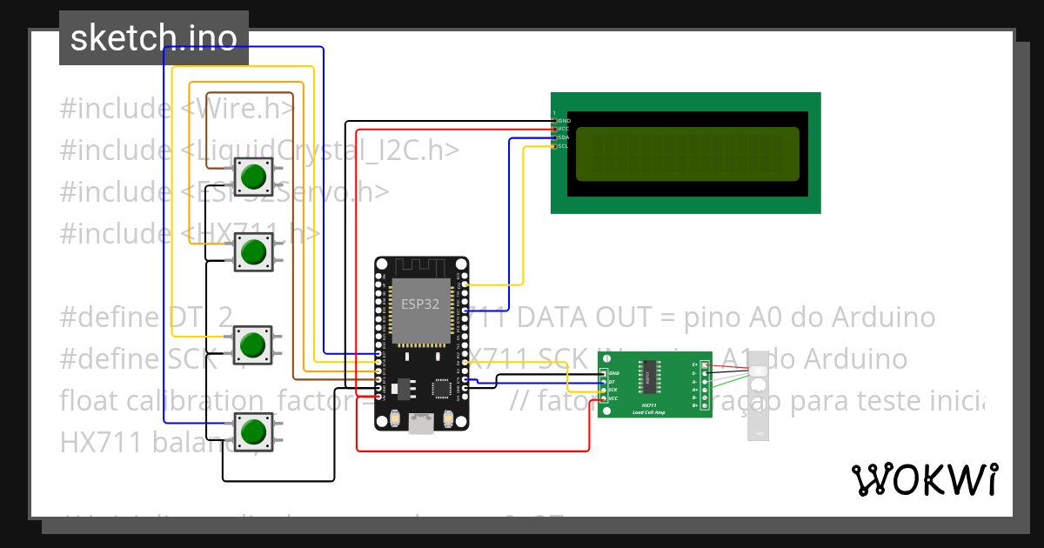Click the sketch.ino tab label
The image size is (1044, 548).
tap(153, 38)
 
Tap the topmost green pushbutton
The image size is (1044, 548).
tap(253, 177)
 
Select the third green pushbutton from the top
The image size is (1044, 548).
tap(253, 344)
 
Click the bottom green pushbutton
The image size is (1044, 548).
tap(253, 431)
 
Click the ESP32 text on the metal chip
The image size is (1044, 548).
tap(421, 304)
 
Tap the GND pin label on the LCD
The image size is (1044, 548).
tap(564, 120)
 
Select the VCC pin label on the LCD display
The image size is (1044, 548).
tap(564, 129)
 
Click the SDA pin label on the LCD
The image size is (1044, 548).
tap(564, 137)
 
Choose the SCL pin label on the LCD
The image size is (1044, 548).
tap(564, 145)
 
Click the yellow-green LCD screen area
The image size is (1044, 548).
tap(687, 154)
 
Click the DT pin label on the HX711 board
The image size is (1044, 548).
tap(612, 382)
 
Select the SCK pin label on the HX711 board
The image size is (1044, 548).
tap(613, 390)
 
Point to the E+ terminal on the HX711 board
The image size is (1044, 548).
tap(695, 364)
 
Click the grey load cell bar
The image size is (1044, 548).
tap(759, 396)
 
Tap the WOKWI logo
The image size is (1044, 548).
tap(924, 479)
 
